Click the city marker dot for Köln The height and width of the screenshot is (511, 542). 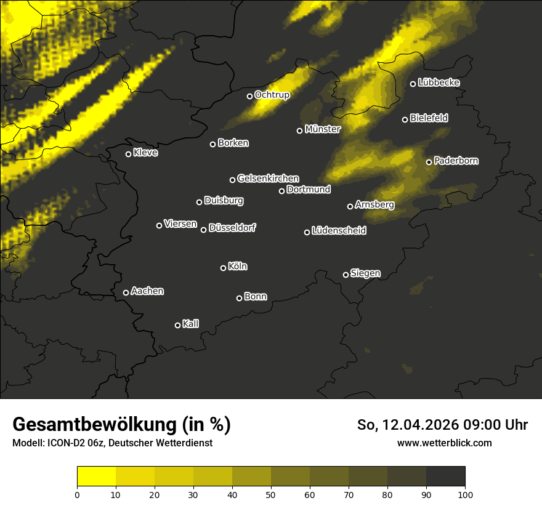click(x=223, y=268)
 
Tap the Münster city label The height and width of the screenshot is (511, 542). click(x=322, y=129)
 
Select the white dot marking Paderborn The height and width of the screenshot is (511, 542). click(x=429, y=162)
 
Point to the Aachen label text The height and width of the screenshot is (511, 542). click(x=147, y=291)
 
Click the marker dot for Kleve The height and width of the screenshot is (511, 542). click(x=128, y=154)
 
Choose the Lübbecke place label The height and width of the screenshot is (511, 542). click(x=439, y=82)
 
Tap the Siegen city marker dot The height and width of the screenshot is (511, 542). click(x=346, y=275)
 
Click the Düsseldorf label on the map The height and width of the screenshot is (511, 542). click(x=232, y=228)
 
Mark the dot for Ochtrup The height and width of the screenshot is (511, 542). click(x=249, y=96)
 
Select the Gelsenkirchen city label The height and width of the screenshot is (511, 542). click(x=268, y=179)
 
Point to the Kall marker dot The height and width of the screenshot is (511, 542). click(x=177, y=325)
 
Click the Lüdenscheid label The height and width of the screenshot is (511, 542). click(x=339, y=231)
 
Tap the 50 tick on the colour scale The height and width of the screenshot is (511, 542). click(x=271, y=494)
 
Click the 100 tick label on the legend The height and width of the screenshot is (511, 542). click(x=465, y=494)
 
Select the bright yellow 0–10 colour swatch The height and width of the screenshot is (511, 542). click(x=96, y=476)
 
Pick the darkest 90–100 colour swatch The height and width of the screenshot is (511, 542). click(x=445, y=476)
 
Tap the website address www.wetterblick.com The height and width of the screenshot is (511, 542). click(x=444, y=443)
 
